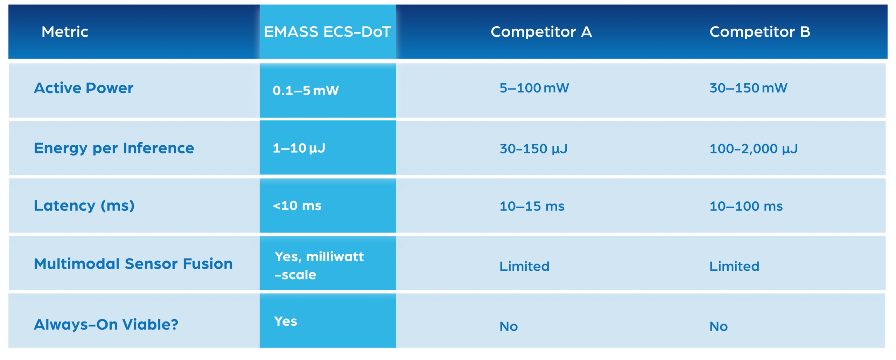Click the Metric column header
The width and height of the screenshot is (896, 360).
(x=65, y=32)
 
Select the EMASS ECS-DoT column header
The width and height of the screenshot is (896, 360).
(x=327, y=32)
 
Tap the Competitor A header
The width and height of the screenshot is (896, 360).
(x=541, y=32)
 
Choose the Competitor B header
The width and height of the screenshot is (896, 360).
(x=759, y=32)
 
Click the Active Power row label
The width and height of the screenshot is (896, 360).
(x=84, y=88)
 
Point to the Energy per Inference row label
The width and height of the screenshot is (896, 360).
(x=114, y=148)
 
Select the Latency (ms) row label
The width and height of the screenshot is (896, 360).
(x=84, y=206)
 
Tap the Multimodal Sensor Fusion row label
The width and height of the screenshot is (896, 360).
(x=133, y=264)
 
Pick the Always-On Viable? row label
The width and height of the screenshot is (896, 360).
(x=106, y=325)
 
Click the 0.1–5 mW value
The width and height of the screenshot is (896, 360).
(x=306, y=91)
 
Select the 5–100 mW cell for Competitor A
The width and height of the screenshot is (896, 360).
(x=534, y=88)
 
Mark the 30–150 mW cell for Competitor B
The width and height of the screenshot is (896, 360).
(x=748, y=88)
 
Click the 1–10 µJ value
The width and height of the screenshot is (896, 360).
(x=299, y=148)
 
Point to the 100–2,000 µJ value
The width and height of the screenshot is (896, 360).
(x=754, y=149)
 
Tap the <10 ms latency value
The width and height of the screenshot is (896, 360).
(x=297, y=206)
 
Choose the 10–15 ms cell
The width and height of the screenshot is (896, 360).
(x=532, y=206)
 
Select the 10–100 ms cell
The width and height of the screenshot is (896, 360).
(x=746, y=206)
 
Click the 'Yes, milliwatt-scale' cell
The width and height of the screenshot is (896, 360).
(x=319, y=266)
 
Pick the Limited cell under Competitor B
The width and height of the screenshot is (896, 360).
(x=734, y=266)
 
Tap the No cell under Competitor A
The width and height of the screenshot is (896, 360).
(x=509, y=327)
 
